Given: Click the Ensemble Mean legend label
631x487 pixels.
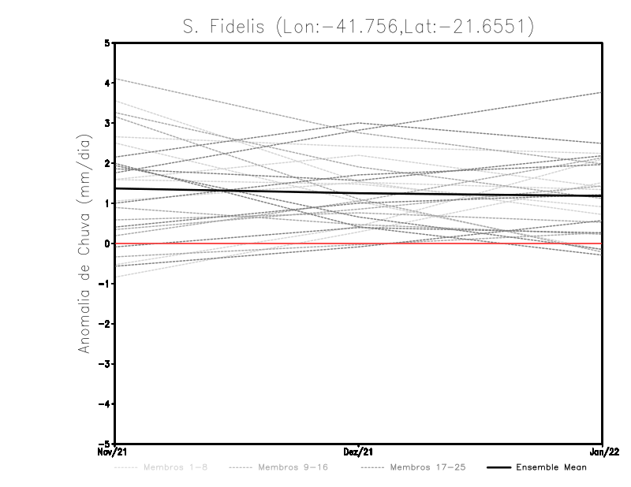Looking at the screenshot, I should pyautogui.click(x=551, y=467).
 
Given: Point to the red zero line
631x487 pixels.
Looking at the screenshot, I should pyautogui.click(x=237, y=243).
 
